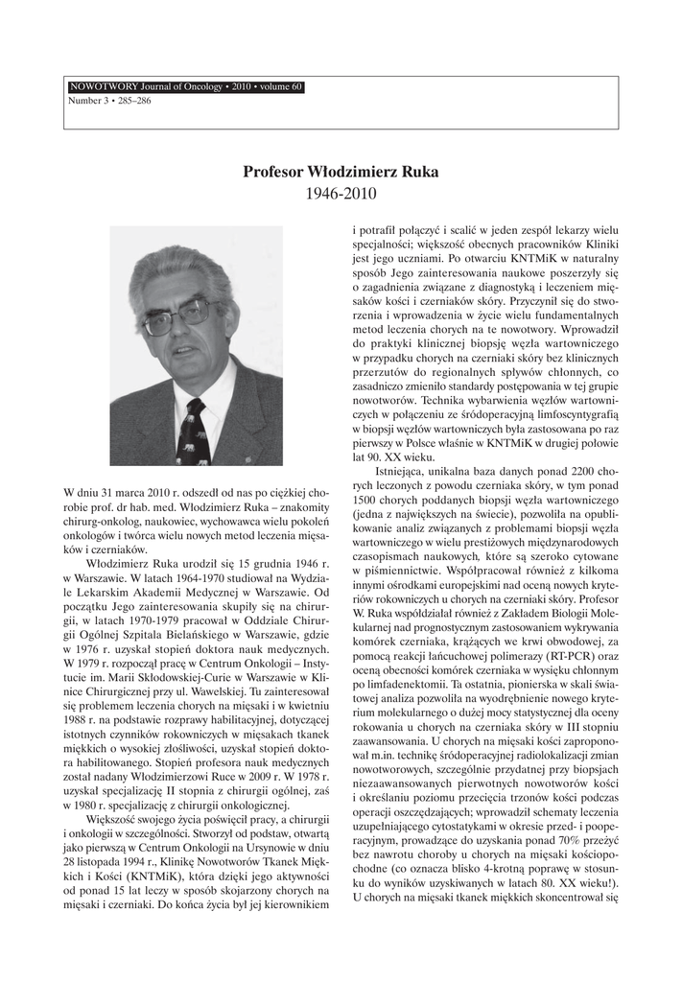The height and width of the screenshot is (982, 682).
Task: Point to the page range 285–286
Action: click(x=131, y=100)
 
